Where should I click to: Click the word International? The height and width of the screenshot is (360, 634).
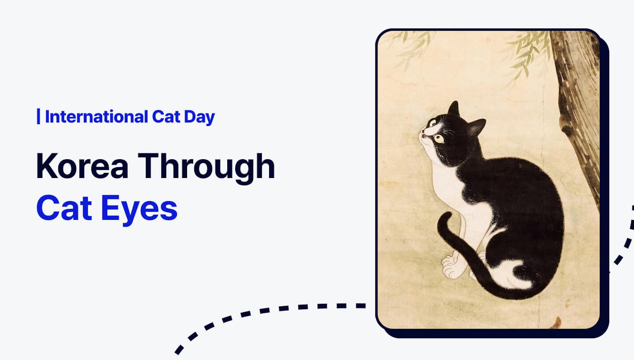[x=96, y=117]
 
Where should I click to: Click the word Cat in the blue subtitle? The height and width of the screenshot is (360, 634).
[x=166, y=117]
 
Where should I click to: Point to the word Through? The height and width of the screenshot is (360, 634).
[x=206, y=167]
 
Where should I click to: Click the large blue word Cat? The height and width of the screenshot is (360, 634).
[x=64, y=208]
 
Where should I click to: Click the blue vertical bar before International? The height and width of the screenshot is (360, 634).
[x=38, y=116]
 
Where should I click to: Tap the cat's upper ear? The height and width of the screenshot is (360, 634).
[x=454, y=109]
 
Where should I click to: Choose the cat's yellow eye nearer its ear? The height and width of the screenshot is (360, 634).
[x=439, y=138]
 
